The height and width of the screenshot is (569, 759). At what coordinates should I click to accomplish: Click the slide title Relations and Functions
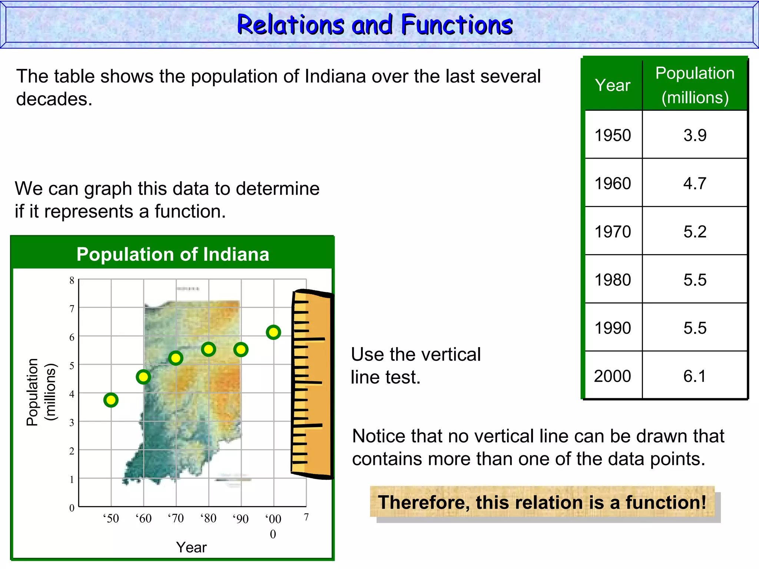coord(375,25)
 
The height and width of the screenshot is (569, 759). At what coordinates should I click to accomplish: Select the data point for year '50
coord(111,400)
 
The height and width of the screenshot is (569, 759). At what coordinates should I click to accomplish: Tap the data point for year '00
coord(274,332)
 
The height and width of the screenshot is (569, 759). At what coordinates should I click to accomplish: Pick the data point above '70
coord(176,358)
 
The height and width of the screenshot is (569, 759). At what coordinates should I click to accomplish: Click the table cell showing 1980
coord(613,280)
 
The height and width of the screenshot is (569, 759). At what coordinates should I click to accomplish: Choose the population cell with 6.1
coord(695,376)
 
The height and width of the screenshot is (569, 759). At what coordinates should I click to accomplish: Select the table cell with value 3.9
coord(695,135)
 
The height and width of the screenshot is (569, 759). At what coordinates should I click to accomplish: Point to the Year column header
coord(613,85)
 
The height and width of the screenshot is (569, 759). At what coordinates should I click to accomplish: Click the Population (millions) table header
coord(695,85)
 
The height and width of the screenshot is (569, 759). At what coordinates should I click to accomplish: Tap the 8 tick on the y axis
coord(72,280)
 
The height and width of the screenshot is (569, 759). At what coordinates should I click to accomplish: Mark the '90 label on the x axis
coord(241,519)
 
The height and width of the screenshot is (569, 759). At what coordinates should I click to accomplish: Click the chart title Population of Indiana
coord(173,254)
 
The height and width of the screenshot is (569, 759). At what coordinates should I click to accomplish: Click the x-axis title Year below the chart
coord(191,547)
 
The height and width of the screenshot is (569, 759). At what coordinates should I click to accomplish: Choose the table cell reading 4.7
coord(695,183)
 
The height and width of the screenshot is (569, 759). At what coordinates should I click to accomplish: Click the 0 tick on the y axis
coord(72,508)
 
